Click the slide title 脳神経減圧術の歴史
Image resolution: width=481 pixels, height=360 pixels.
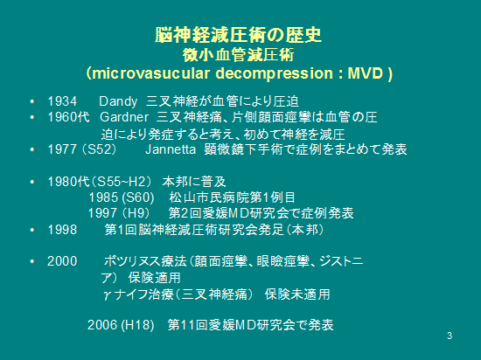(239, 35)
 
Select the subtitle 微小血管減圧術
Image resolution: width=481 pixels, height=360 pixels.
(239, 55)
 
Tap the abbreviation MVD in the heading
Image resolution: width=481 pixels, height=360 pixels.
(366, 73)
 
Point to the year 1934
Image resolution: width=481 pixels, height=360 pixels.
(62, 101)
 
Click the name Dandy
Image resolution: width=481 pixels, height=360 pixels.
(118, 101)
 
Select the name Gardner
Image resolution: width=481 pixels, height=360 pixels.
(124, 117)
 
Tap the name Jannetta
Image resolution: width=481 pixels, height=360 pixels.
(171, 149)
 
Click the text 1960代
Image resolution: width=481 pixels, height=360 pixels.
(69, 117)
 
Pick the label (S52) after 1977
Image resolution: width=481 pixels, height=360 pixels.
(100, 149)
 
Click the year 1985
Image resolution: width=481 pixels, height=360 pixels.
(103, 197)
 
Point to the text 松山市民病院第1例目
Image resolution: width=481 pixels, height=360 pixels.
(232, 197)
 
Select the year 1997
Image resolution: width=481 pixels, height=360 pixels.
(103, 213)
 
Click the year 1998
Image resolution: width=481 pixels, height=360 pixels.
(62, 230)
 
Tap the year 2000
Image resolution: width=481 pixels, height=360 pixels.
(62, 261)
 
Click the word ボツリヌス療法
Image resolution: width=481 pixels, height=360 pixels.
(145, 261)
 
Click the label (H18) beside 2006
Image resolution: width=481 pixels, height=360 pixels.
(137, 325)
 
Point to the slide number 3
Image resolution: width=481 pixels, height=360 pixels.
(450, 336)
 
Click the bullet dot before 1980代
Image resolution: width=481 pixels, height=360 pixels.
(32, 182)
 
